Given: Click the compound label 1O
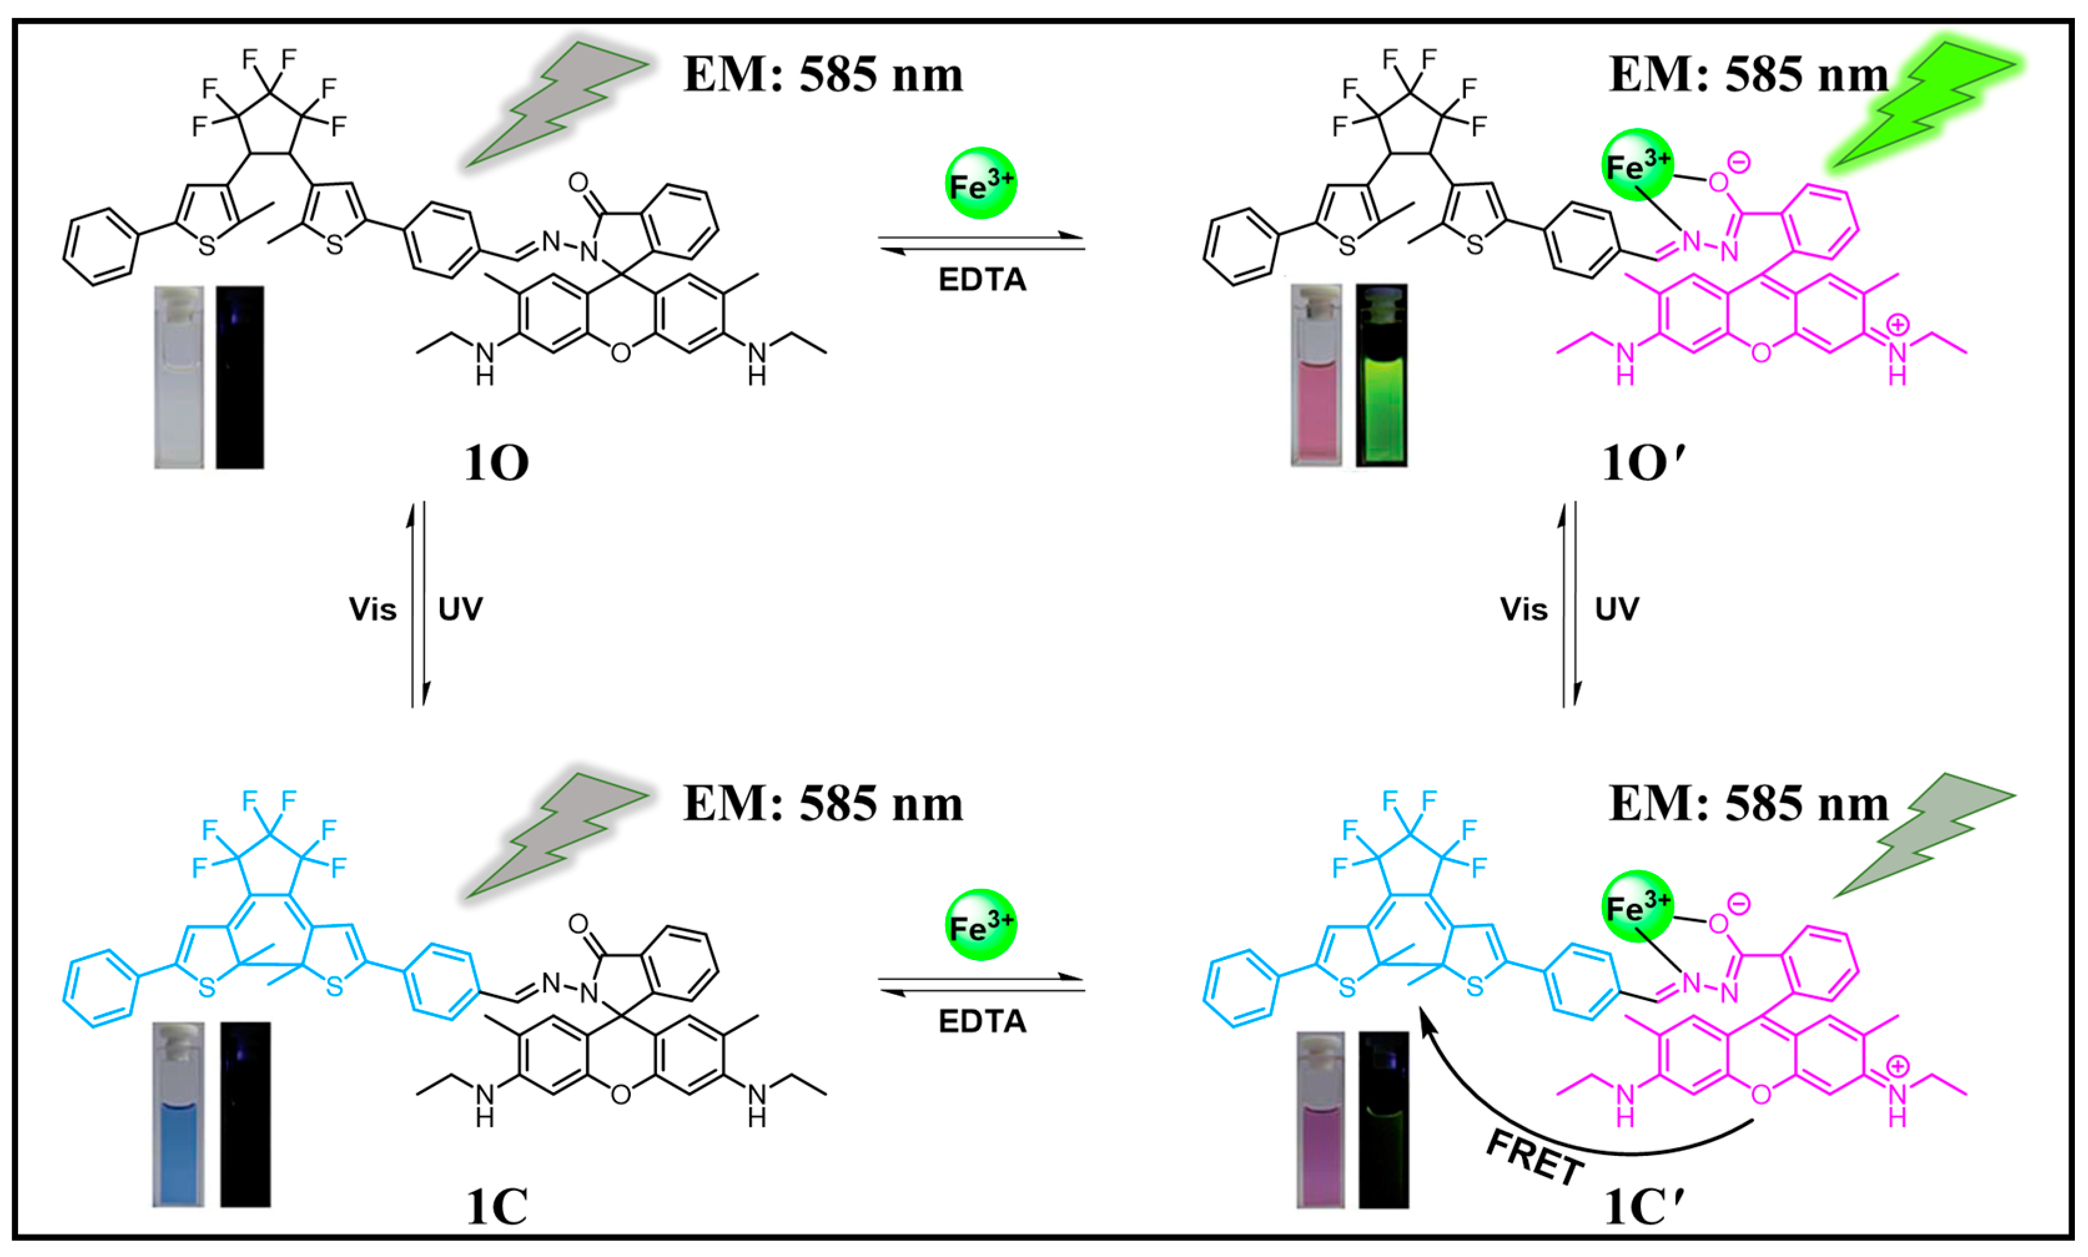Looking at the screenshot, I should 496,463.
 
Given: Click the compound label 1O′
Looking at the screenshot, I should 1642,463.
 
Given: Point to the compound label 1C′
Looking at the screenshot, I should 1642,1206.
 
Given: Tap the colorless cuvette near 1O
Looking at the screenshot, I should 178,377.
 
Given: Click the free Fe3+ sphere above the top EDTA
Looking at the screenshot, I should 980,184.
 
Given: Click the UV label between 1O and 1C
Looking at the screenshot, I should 460,609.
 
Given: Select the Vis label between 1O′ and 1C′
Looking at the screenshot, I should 1523,609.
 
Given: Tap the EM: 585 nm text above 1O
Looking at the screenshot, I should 822,74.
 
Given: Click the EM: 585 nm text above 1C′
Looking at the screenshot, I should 1749,803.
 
